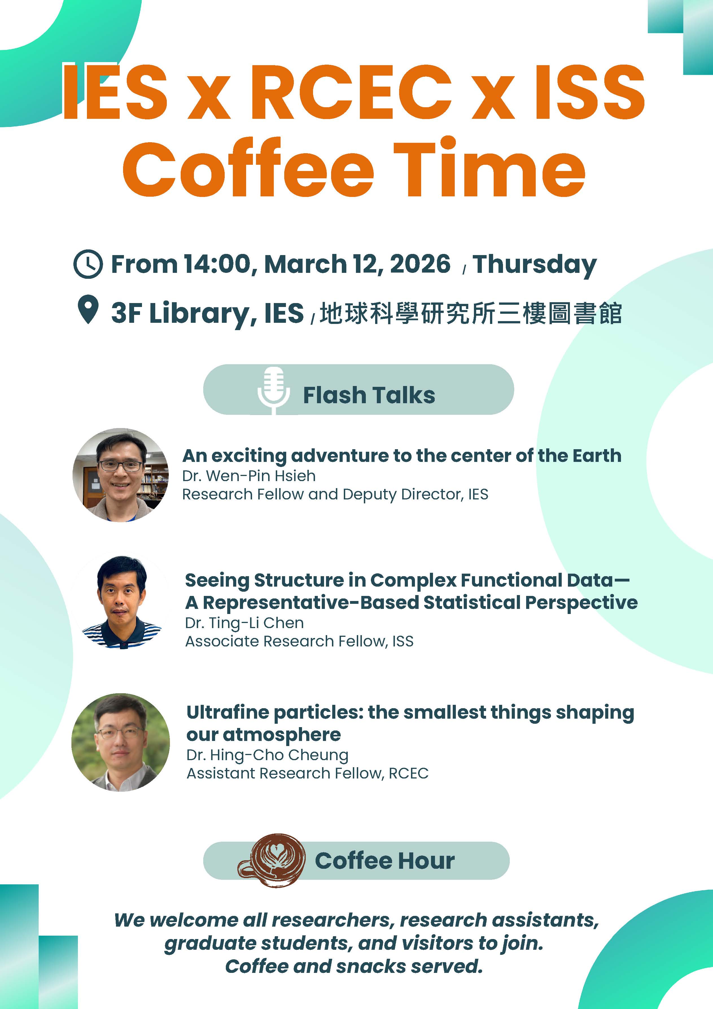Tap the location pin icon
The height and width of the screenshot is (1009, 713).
pyautogui.click(x=88, y=309)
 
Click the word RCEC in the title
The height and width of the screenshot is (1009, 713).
pyautogui.click(x=351, y=92)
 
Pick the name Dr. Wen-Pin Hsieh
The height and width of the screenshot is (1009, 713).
pyautogui.click(x=249, y=476)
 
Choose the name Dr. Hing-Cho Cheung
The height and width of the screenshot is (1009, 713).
pyautogui.click(x=267, y=755)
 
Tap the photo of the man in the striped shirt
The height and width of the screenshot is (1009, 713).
pyautogui.click(x=121, y=602)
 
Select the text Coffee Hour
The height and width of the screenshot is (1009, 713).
pyautogui.click(x=385, y=861)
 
